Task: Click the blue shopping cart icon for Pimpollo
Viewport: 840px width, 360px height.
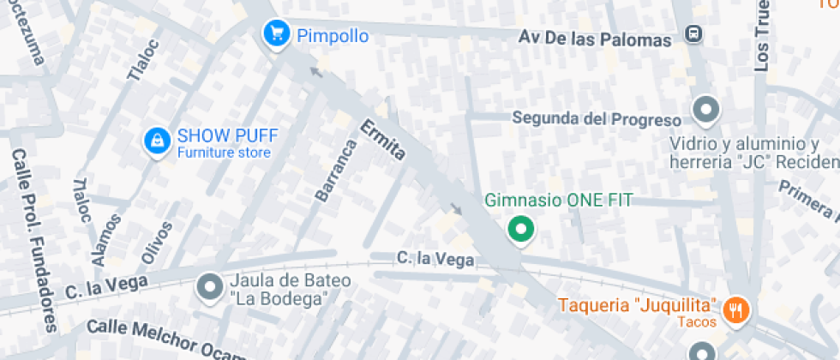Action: point(275,33)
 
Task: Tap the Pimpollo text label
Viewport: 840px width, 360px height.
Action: point(333,36)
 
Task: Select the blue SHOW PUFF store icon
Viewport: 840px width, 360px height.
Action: point(156,141)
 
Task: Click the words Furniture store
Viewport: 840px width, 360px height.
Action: point(224,153)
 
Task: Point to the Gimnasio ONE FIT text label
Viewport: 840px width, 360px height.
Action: point(558,201)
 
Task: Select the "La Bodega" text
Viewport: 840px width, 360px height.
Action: point(279,299)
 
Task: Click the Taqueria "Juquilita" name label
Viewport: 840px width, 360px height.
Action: point(637,305)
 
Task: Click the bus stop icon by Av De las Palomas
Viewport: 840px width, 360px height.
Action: point(693,35)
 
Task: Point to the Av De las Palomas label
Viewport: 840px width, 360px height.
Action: point(595,39)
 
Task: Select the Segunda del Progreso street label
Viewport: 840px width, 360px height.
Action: point(597,118)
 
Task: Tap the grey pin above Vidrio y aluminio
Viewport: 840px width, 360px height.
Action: point(706,110)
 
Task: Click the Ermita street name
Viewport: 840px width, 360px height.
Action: point(382,143)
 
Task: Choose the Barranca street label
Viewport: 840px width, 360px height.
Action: point(334,170)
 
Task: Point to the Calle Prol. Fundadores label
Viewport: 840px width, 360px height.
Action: point(35,241)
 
